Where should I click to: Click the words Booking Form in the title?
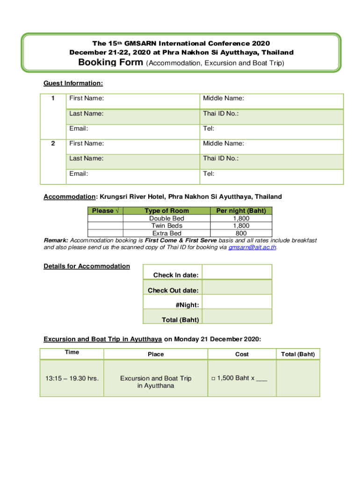pyautogui.click(x=111, y=63)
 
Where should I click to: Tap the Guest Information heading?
pyautogui.click(x=73, y=83)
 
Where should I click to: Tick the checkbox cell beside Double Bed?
pyautogui.click(x=105, y=218)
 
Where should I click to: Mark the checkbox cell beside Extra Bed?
pyautogui.click(x=105, y=233)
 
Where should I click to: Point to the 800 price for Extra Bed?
pyautogui.click(x=241, y=233)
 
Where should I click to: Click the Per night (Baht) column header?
pyautogui.click(x=241, y=211)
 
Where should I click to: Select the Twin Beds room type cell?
pyautogui.click(x=166, y=226)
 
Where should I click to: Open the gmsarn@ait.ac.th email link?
pyautogui.click(x=252, y=247)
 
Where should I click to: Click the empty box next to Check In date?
pyautogui.click(x=237, y=272)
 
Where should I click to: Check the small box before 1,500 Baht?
pyautogui.click(x=213, y=378)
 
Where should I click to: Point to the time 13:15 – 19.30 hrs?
pyautogui.click(x=72, y=378)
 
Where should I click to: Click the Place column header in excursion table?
pyautogui.click(x=156, y=354)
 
